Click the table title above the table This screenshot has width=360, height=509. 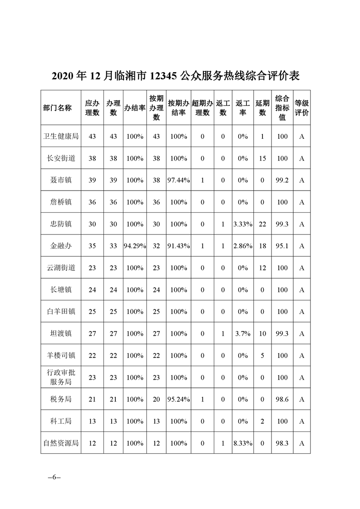point(175,75)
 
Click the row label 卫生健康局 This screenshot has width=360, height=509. point(60,137)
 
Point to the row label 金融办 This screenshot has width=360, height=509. point(60,246)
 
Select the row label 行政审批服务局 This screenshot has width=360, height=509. point(60,377)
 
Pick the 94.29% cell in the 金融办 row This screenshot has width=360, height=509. point(135,246)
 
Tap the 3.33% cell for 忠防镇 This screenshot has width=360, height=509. point(242,224)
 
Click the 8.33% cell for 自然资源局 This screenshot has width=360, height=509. point(242,443)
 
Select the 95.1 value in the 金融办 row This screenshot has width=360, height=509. point(282,246)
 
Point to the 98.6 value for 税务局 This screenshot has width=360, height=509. point(282,399)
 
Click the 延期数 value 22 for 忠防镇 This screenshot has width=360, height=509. point(262,224)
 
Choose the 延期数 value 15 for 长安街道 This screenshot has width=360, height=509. point(262,158)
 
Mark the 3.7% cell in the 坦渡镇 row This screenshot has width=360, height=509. point(242,334)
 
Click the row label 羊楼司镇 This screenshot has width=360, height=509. point(60,356)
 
